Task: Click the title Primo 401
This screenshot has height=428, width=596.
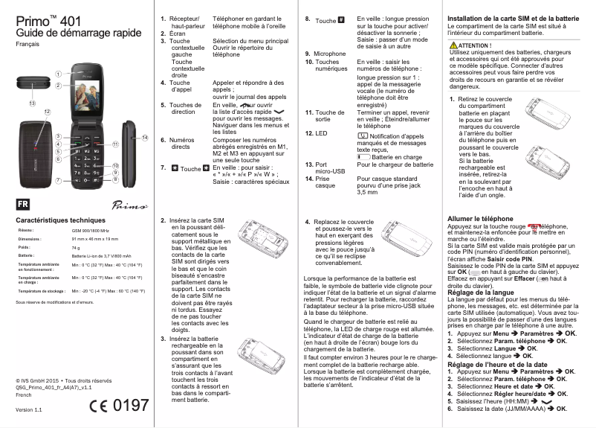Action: point(49,19)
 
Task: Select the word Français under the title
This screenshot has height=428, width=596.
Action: point(28,46)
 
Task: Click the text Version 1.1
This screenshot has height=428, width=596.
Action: point(28,410)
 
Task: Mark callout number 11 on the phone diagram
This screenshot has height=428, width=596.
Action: point(116,144)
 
